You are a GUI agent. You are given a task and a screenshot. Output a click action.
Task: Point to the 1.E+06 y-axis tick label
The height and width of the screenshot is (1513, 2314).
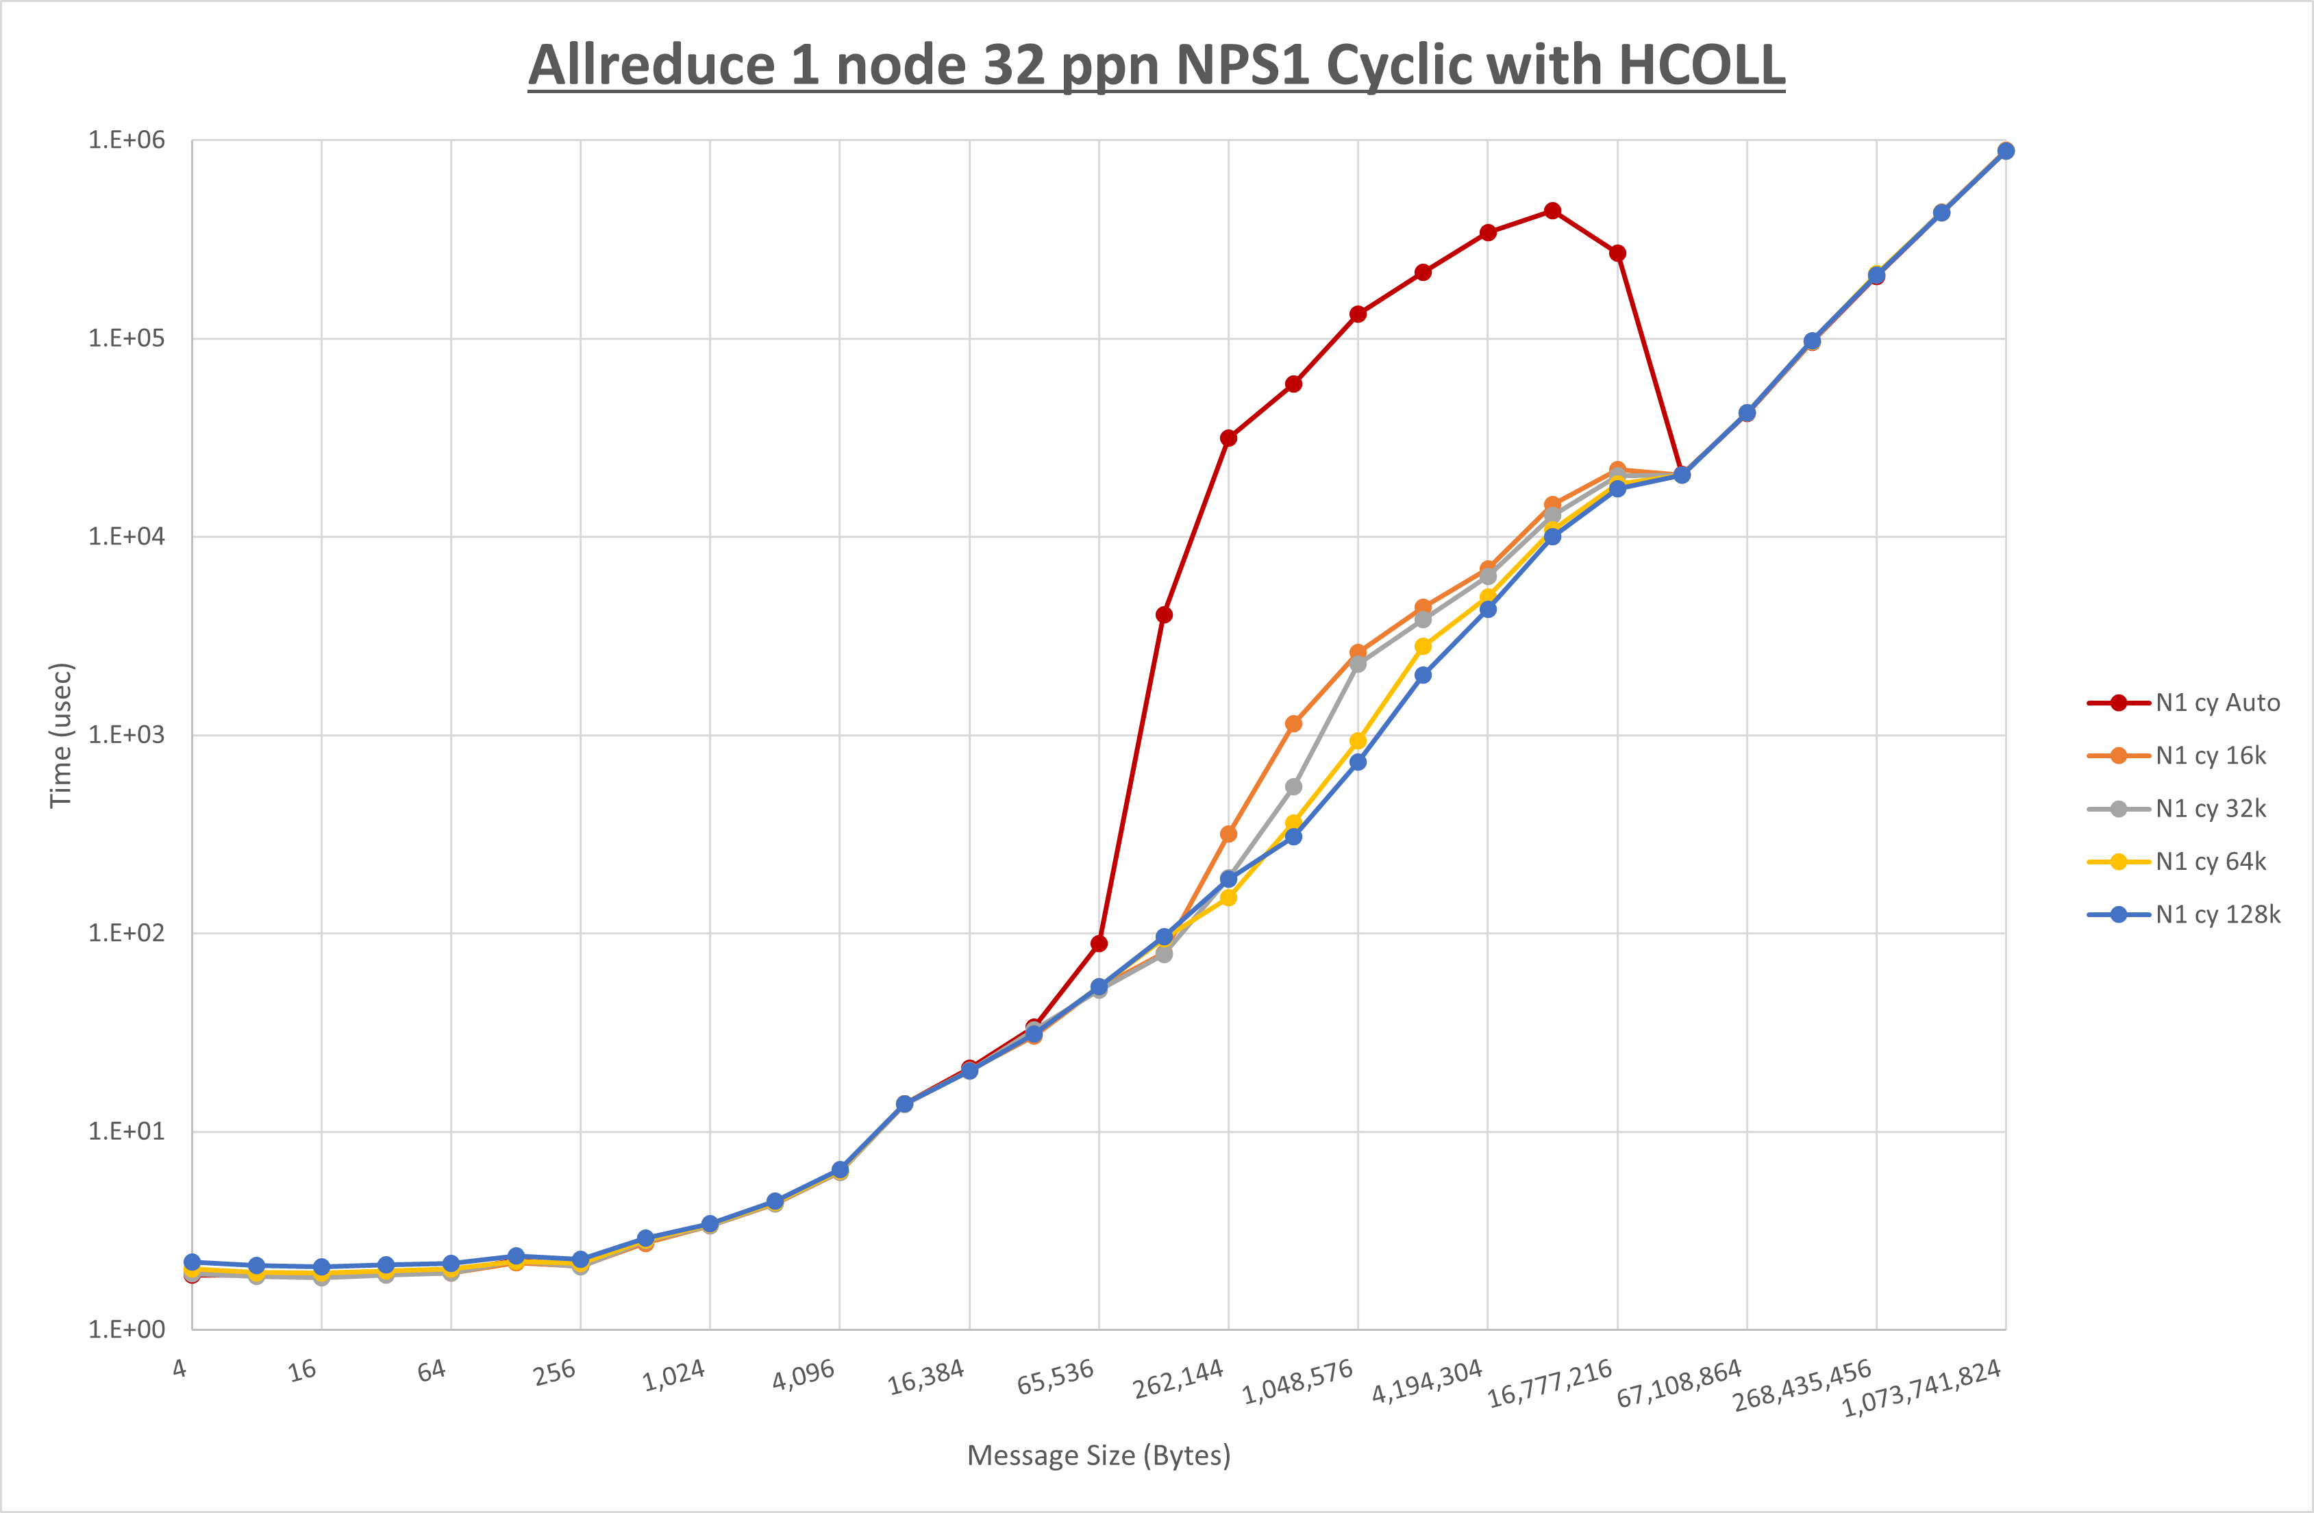(127, 140)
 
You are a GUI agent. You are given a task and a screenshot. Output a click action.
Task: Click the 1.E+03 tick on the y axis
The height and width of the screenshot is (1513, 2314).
(127, 735)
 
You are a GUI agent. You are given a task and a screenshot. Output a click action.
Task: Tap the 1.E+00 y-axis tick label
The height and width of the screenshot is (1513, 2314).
(127, 1329)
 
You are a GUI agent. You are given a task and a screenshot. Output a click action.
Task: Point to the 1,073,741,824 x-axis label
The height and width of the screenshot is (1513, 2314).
(1921, 1388)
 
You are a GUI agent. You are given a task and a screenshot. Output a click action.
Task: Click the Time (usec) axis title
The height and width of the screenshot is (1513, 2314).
(60, 735)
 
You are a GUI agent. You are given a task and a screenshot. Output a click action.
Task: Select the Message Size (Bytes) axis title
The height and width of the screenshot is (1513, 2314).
(1099, 1455)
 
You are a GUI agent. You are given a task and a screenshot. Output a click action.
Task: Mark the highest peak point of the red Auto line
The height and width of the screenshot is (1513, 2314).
(1553, 211)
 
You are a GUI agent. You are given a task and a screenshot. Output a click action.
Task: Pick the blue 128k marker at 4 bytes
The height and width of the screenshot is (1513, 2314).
(192, 1262)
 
